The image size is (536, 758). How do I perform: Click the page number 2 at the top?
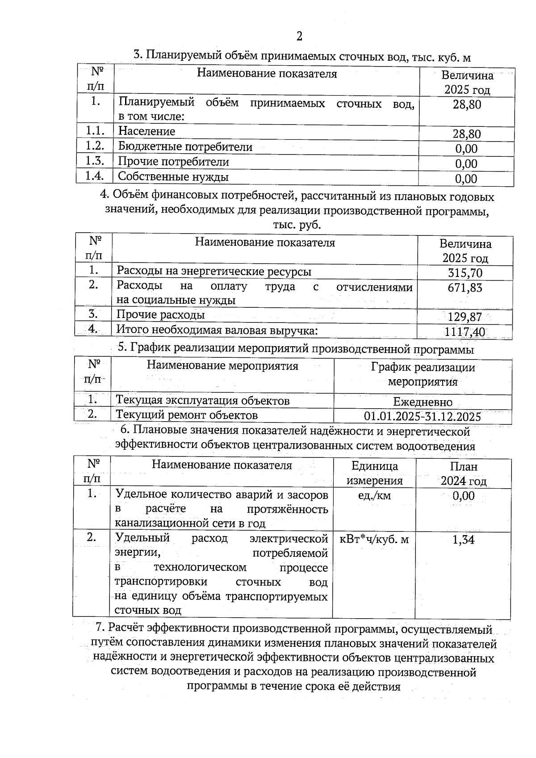299,36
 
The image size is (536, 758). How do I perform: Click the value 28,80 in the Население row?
466,134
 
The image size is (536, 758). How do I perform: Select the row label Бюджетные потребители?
185,147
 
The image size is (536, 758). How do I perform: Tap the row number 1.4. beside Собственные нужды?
95,176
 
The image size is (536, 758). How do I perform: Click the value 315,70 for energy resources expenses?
465,272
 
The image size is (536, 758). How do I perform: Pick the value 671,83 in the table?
465,288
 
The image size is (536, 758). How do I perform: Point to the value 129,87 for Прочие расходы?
465,317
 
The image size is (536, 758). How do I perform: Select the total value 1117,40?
465,332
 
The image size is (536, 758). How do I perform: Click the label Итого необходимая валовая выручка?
217,330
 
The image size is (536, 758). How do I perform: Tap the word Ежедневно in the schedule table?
423,402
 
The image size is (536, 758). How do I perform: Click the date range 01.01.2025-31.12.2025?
422,417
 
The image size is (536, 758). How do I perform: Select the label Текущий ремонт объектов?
187,415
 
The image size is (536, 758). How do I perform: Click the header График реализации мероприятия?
423,375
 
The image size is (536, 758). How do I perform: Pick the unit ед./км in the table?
374,495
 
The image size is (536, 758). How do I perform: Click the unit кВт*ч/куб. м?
374,539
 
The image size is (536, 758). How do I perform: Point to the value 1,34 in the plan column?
463,540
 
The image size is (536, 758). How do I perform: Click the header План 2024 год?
463,473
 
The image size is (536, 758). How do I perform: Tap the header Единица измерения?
374,473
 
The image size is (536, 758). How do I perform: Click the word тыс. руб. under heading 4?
297,225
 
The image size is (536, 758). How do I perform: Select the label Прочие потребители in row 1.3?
173,161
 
